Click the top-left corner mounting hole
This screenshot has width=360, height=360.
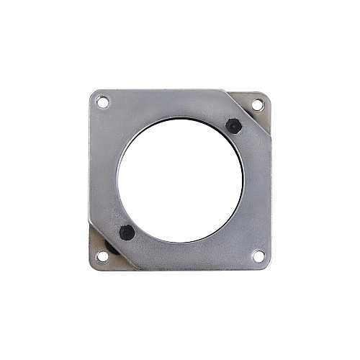103,102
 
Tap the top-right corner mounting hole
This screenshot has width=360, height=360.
257,105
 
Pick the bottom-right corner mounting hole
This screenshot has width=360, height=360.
258,256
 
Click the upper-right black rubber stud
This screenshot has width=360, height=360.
233,125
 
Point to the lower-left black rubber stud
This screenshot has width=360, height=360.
127,233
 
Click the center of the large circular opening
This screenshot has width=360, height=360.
180,180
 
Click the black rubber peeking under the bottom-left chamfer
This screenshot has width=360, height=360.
111,248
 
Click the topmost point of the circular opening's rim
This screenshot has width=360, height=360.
180,117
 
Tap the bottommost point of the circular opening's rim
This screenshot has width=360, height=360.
180,243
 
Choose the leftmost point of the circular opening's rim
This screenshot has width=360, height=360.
117,180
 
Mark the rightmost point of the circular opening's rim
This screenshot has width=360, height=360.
243,180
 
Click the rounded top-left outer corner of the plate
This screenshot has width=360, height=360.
93,92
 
